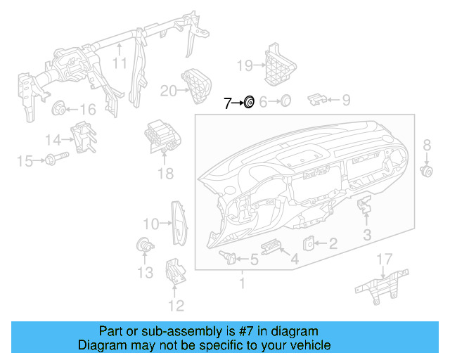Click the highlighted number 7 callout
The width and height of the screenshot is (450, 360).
click(x=227, y=103)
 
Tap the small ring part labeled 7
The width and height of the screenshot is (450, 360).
click(x=248, y=103)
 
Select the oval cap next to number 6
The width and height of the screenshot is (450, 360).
click(x=285, y=101)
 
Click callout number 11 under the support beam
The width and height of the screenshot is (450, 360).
click(x=120, y=63)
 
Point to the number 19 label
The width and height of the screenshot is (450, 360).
click(x=244, y=67)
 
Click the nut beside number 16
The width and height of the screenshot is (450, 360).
click(x=59, y=109)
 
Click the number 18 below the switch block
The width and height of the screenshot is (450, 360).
click(x=165, y=174)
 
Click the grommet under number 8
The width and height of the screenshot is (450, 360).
click(x=426, y=170)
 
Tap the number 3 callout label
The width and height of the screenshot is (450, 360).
click(x=368, y=234)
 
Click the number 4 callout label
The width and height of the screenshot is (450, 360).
click(x=295, y=259)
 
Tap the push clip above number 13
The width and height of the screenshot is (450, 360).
click(x=144, y=246)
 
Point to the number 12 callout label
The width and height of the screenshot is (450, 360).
click(x=175, y=304)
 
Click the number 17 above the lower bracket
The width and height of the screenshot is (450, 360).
click(x=384, y=260)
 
